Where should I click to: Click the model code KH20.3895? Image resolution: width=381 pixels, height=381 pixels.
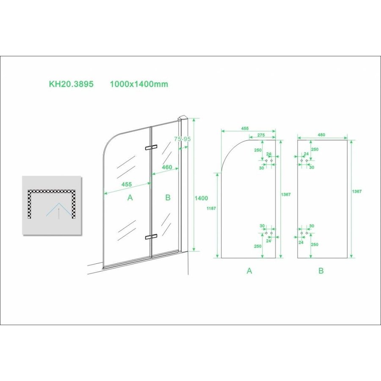click(x=71, y=84)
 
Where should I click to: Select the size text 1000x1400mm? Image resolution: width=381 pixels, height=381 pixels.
click(x=139, y=84)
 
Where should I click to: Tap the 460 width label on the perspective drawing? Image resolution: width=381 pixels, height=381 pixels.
click(x=167, y=167)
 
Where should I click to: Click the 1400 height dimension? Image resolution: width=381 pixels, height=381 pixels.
click(x=202, y=198)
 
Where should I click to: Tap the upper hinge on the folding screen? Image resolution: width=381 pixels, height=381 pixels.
click(x=151, y=148)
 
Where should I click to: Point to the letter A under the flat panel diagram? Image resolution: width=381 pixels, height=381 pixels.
click(x=249, y=271)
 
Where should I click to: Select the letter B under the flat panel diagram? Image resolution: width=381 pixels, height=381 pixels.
click(x=321, y=271)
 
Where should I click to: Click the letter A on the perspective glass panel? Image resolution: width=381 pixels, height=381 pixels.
click(x=130, y=197)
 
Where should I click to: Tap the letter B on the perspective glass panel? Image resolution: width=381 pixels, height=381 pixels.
click(x=168, y=197)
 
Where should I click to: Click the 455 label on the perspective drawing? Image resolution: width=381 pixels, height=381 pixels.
click(x=127, y=184)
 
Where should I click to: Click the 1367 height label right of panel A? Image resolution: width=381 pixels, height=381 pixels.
click(x=286, y=194)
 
